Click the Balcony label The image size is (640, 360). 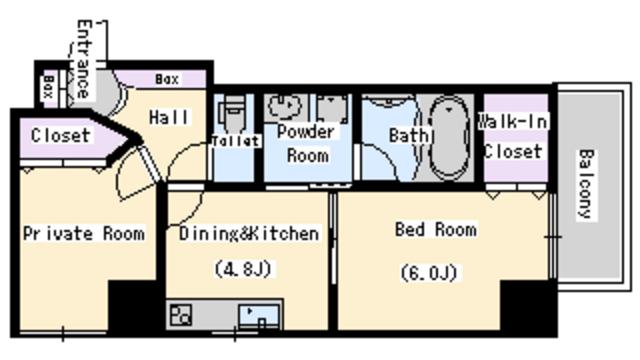point(586,185)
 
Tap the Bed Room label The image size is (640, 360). point(436,229)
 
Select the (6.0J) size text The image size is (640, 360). point(429,273)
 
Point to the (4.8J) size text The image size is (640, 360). point(243,269)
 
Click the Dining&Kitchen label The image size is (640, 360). point(249,233)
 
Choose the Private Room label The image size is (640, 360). point(84,233)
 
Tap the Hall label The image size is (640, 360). point(169,118)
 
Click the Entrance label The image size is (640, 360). point(83,59)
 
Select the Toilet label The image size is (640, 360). point(236,141)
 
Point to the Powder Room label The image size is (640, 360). point(307,144)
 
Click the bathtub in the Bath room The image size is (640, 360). point(449,138)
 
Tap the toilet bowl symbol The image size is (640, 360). point(232,110)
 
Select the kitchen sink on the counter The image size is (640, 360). point(259,316)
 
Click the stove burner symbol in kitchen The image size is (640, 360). point(180,315)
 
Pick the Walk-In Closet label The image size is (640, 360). point(513,136)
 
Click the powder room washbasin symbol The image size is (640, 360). point(284,106)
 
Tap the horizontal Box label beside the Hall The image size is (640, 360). point(167,79)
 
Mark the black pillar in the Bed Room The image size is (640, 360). point(528,306)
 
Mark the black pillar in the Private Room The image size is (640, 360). point(133,306)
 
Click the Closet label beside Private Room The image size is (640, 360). point(60,136)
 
